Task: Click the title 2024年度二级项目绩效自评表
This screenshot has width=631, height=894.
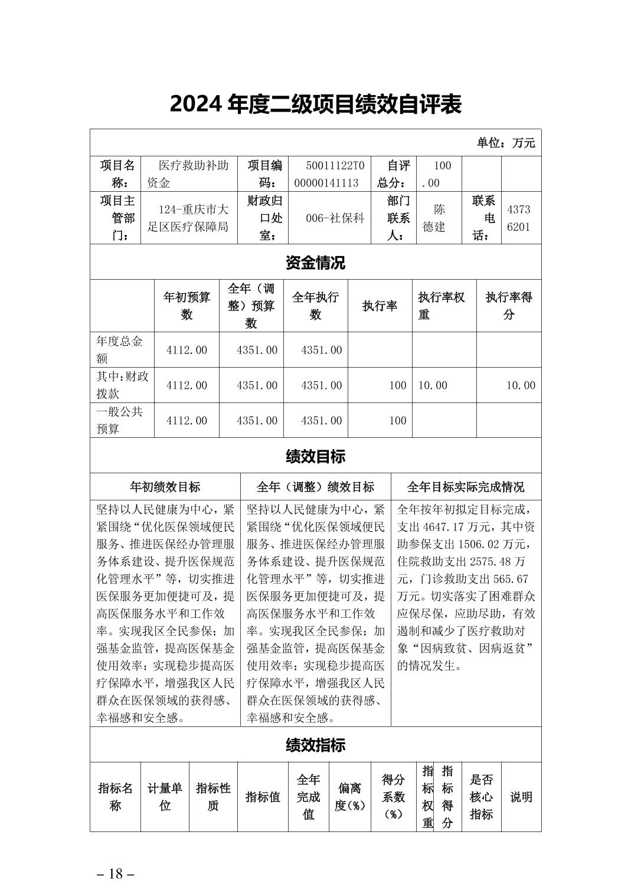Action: pyautogui.click(x=315, y=104)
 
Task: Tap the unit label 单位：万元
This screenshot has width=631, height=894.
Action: pyautogui.click(x=506, y=143)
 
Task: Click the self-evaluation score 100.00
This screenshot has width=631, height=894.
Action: pyautogui.click(x=438, y=174)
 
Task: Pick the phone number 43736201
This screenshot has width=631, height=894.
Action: pyautogui.click(x=518, y=218)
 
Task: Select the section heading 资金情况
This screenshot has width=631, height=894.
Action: pyautogui.click(x=315, y=263)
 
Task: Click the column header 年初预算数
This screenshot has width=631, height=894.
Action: pyautogui.click(x=187, y=306)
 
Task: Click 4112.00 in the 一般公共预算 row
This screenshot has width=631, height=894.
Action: pyautogui.click(x=187, y=420)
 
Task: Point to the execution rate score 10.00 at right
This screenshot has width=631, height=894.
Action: pyautogui.click(x=520, y=385)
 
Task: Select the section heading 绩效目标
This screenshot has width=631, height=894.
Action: pyautogui.click(x=315, y=456)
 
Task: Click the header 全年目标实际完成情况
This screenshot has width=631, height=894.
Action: pyautogui.click(x=466, y=487)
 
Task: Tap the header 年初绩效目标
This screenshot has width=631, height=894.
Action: pyautogui.click(x=165, y=487)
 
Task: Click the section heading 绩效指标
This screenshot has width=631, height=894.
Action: pyautogui.click(x=315, y=745)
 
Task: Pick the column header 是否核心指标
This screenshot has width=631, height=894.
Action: pyautogui.click(x=481, y=797)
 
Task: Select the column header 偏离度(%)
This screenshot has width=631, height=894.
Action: pyautogui.click(x=350, y=797)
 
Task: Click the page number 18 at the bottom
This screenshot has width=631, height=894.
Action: pyautogui.click(x=116, y=873)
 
